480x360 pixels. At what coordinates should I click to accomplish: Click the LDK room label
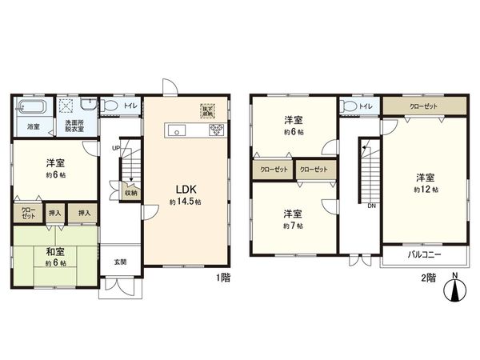tap(185, 190)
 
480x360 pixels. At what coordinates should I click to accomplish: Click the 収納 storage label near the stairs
tap(130, 192)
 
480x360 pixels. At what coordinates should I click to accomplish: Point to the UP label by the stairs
tap(117, 148)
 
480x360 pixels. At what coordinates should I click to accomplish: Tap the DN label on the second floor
tap(371, 205)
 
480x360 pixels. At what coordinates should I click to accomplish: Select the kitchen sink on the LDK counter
tap(177, 131)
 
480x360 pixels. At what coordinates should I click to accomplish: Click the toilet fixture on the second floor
tap(348, 106)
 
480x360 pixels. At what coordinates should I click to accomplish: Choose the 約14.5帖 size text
tap(186, 203)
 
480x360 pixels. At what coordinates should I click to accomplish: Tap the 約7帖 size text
tap(292, 226)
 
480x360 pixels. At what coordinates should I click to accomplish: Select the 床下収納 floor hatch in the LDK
tap(208, 111)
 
